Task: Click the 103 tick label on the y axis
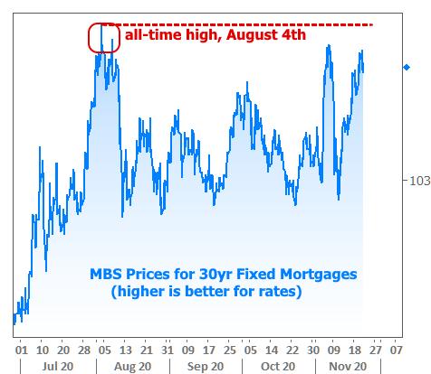point(419,181)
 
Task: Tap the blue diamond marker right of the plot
point(407,67)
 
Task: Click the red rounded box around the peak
point(90,38)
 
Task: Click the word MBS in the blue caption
point(106,274)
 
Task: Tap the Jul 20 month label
point(58,366)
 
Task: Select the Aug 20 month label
point(132,366)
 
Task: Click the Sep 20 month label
point(206,366)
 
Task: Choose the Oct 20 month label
point(278,366)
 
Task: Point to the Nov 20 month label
point(348,366)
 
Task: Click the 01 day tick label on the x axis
point(22,351)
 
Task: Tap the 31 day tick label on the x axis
point(168,351)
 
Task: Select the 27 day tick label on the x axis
point(376,351)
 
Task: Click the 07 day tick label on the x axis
point(397,351)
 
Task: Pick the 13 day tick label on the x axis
point(126,351)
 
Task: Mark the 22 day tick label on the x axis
point(292,351)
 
